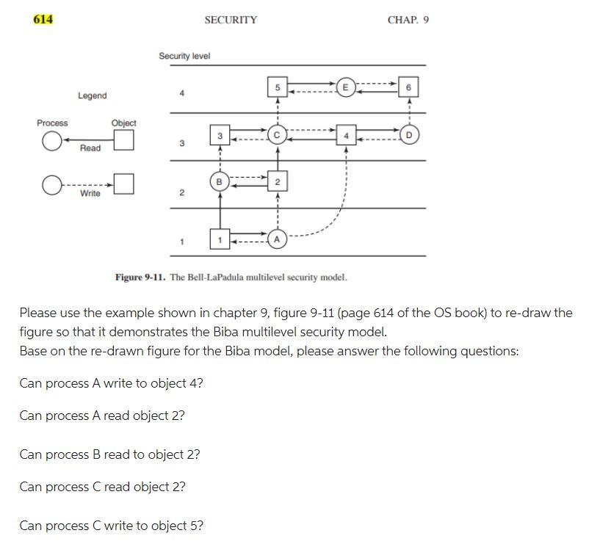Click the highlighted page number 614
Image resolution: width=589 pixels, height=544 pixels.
[x=43, y=19]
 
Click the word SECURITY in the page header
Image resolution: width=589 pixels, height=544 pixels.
[x=231, y=20]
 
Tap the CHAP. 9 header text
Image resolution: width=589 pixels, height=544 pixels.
[x=408, y=20]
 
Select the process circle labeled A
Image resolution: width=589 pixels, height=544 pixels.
[x=277, y=239]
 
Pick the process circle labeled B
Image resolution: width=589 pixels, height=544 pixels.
[x=219, y=181]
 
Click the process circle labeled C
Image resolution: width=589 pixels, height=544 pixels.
[x=277, y=135]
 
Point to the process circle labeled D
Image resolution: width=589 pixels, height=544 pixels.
[x=410, y=135]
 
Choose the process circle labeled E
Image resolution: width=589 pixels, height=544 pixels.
[x=345, y=88]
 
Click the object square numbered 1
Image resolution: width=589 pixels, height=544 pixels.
[x=219, y=239]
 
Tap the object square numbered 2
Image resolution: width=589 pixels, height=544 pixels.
[x=277, y=181]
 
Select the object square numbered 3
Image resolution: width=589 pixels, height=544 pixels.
[x=219, y=135]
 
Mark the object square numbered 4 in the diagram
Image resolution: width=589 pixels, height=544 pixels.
[x=345, y=135]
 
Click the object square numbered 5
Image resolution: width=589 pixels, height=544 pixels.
[x=277, y=88]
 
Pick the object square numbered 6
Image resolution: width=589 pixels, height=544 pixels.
[x=410, y=88]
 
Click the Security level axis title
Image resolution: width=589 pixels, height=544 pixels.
[x=184, y=56]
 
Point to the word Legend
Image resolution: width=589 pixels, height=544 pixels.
[x=92, y=95]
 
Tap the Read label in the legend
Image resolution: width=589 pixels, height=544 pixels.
[x=90, y=148]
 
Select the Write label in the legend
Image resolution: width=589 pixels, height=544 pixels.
[x=90, y=193]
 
